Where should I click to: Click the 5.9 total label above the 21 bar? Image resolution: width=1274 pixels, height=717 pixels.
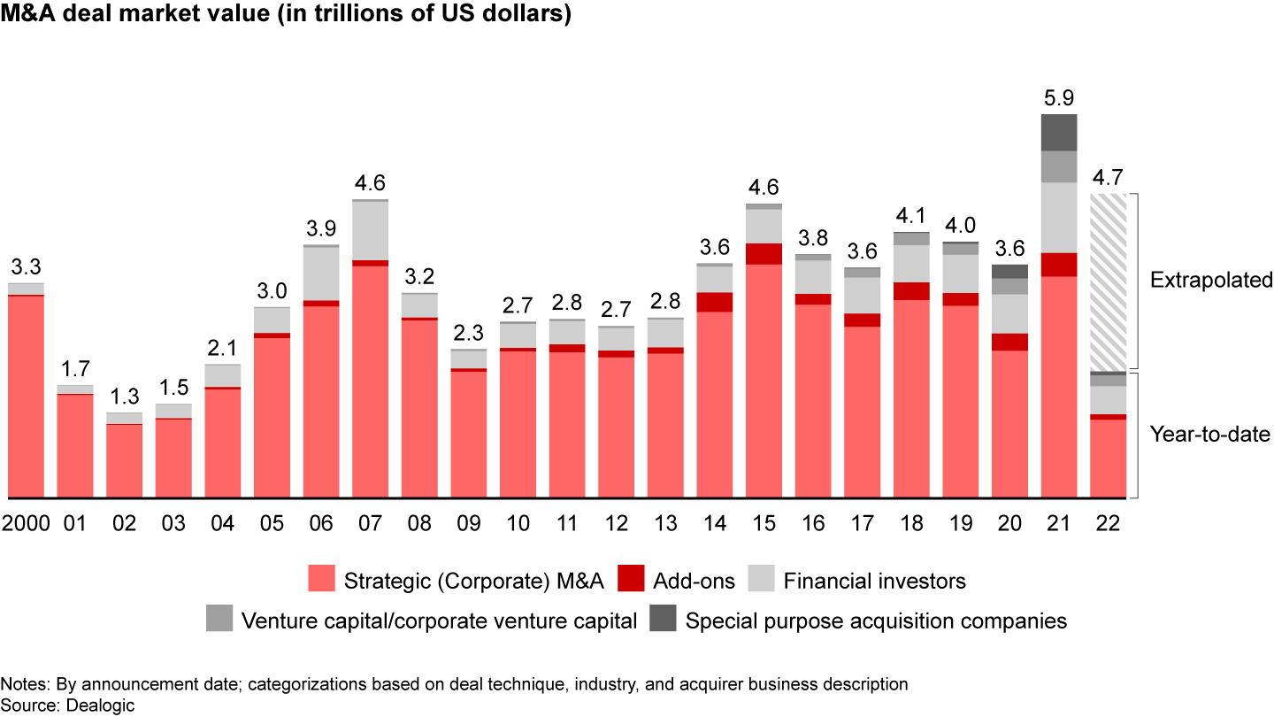click(1059, 98)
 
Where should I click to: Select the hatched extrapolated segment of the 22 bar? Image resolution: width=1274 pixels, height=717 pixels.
click(1109, 281)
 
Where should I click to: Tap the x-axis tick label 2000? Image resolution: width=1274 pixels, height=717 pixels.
click(26, 523)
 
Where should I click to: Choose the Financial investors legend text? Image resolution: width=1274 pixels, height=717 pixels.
click(875, 581)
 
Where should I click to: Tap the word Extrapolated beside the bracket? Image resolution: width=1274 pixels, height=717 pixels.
click(1210, 281)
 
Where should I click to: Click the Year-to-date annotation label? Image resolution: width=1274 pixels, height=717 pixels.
click(1209, 435)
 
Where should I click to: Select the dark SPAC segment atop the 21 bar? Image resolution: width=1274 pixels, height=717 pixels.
click(1059, 132)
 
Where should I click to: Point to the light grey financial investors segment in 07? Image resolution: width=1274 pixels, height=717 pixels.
click(371, 230)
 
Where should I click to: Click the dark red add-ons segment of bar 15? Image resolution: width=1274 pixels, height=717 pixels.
click(764, 253)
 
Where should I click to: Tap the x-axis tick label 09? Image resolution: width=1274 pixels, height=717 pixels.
click(469, 523)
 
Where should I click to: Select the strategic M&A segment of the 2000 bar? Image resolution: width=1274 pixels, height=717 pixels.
click(26, 396)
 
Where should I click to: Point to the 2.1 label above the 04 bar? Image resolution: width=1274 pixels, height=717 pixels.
click(223, 348)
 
